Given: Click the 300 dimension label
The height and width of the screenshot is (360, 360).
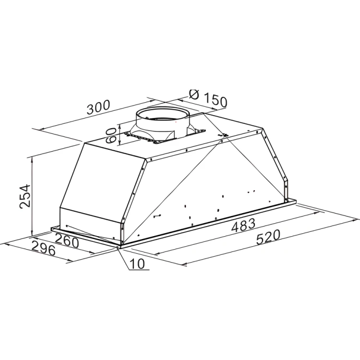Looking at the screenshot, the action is (98, 107).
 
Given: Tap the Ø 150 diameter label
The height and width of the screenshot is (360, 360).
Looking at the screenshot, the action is (208, 98).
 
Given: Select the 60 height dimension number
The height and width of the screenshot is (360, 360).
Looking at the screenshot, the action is (111, 135).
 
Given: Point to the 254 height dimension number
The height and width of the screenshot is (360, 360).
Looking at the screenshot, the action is (25, 196).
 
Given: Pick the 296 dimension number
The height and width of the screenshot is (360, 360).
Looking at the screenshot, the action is (43, 248).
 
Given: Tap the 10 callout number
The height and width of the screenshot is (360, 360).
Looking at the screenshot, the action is (137, 264).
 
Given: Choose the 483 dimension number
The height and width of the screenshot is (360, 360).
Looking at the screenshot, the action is (243, 225).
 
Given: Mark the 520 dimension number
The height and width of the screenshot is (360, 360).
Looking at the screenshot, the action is (268, 237).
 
